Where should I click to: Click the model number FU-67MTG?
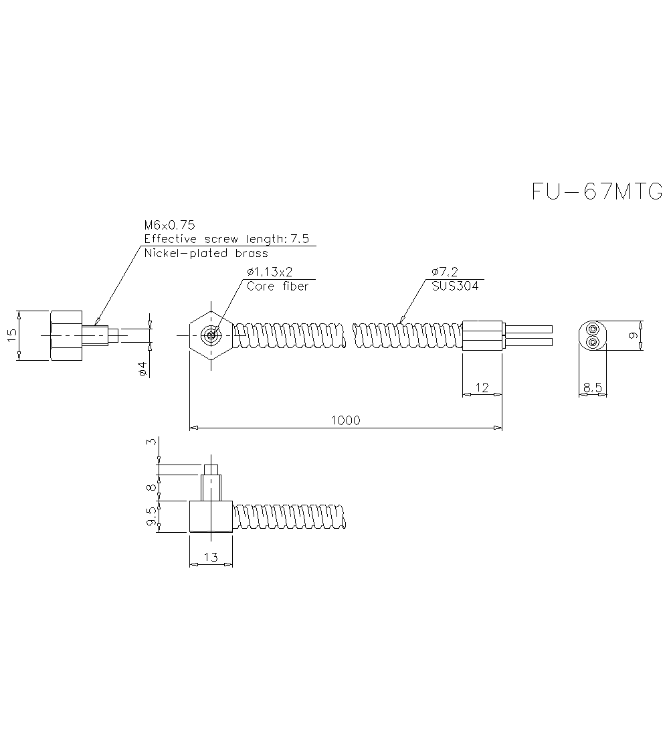597,191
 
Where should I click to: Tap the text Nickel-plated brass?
206,254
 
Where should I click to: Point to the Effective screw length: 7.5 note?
227,240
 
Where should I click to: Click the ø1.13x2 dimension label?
270,272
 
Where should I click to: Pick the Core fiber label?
278,286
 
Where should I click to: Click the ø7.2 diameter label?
444,272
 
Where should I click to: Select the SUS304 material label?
456,286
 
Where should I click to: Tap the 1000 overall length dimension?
346,420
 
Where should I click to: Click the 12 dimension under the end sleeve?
482,387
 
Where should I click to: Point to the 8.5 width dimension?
593,387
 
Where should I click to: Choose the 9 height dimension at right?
633,335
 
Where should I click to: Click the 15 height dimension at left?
11,335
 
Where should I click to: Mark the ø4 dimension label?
142,367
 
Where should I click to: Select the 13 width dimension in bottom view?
211,557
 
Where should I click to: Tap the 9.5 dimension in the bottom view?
152,517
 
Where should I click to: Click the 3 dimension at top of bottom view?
152,442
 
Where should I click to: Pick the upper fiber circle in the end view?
593,329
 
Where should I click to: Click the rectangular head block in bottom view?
211,517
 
